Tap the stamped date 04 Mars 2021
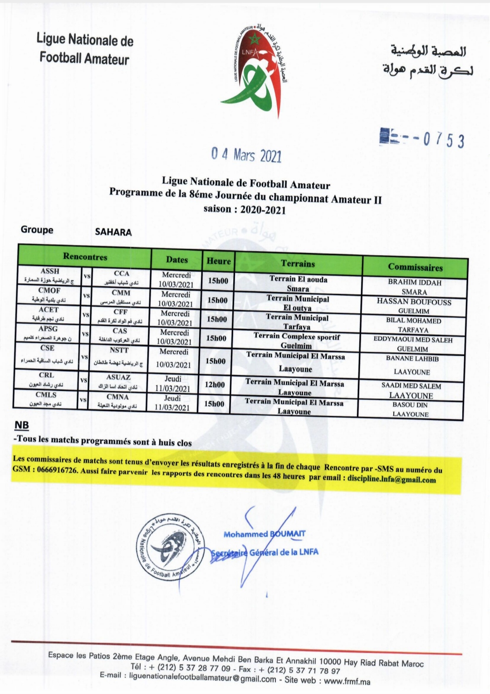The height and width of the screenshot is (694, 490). pyautogui.click(x=246, y=155)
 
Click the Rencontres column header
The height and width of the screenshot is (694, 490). pyautogui.click(x=85, y=256)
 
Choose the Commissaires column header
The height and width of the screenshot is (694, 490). pyautogui.click(x=415, y=267)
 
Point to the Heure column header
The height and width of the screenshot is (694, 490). pyautogui.click(x=218, y=261)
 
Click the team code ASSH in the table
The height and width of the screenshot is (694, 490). pyautogui.click(x=50, y=271)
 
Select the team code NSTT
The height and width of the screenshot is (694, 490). pyautogui.click(x=119, y=350)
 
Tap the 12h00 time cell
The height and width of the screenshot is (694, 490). pyautogui.click(x=215, y=384)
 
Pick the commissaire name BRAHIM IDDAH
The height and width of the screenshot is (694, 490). pyautogui.click(x=414, y=282)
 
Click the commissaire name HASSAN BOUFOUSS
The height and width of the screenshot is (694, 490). pyautogui.click(x=414, y=301)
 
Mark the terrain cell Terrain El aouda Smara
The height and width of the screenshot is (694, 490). pyautogui.click(x=298, y=284)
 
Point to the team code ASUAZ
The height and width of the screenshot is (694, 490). pyautogui.click(x=118, y=377)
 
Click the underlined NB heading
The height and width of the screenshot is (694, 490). pyautogui.click(x=21, y=425)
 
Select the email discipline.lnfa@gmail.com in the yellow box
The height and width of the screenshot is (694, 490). pyautogui.click(x=392, y=479)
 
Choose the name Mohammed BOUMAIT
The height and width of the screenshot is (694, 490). pyautogui.click(x=264, y=534)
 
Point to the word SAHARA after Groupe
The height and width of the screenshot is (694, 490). pyautogui.click(x=113, y=232)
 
